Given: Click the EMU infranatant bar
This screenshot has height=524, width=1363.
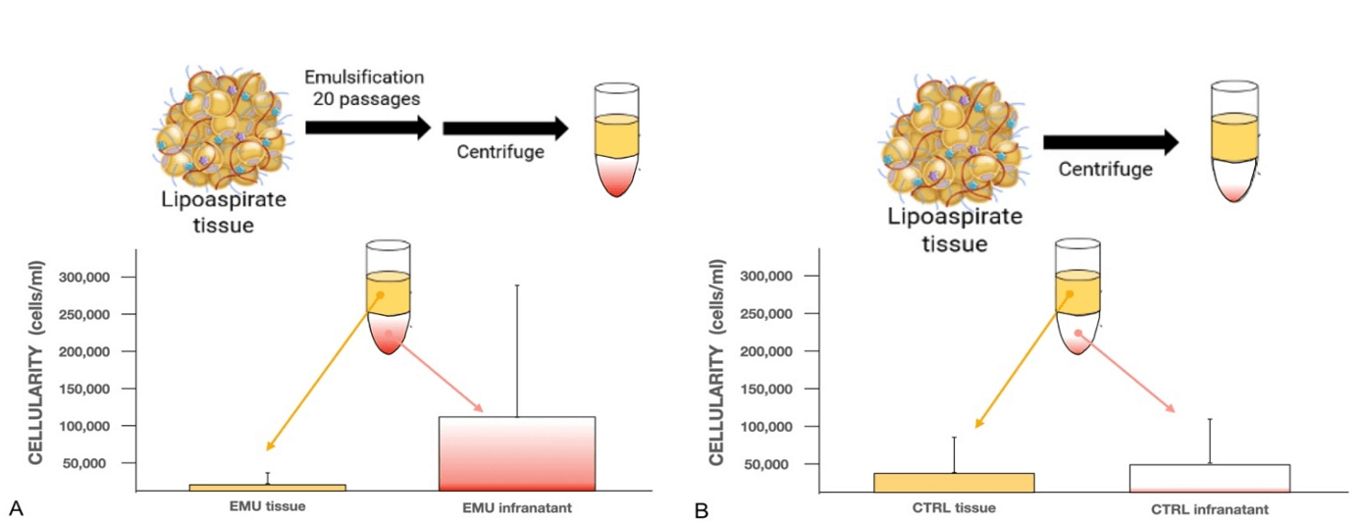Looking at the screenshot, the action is click(517, 453).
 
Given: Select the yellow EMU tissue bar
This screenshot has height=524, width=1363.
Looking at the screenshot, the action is click(268, 488).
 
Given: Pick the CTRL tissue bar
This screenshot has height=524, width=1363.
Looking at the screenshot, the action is click(954, 482).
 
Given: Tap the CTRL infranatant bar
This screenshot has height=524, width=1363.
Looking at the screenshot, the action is click(1210, 478).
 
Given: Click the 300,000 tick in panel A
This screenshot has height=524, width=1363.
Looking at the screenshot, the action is click(84, 277).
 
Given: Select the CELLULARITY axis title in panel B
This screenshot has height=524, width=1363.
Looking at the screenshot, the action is click(717, 363).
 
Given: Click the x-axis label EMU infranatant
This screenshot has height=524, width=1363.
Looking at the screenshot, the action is click(517, 507).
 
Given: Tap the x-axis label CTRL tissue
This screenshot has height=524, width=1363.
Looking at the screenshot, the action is click(954, 507).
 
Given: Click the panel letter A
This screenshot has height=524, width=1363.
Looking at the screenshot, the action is click(17, 508).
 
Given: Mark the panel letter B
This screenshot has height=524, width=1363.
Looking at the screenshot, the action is click(702, 510).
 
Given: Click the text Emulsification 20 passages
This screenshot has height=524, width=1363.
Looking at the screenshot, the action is click(365, 87).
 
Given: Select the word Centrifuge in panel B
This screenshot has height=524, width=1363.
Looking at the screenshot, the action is click(1106, 169).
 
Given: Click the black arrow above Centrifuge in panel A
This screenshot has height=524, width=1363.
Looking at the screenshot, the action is click(505, 129).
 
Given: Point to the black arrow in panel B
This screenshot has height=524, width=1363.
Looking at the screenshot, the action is click(1111, 142).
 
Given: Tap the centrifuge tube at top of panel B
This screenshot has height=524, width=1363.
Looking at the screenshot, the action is click(1234, 141).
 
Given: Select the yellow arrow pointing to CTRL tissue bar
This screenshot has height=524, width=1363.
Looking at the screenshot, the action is click(1022, 361).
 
